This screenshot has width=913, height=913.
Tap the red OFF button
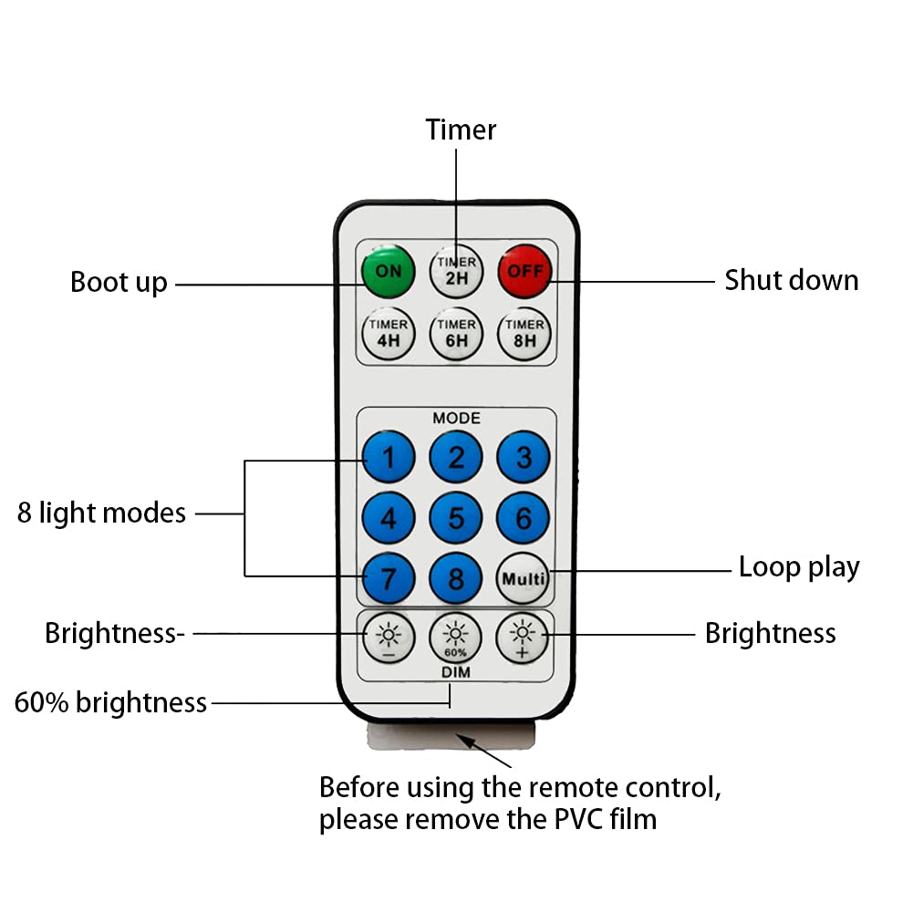(524, 270)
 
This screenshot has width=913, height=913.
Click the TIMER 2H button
(456, 270)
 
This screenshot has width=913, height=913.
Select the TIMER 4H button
(389, 335)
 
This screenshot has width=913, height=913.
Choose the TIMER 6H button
(456, 335)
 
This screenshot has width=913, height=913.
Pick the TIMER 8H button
(524, 335)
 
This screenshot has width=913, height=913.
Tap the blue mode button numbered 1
(389, 457)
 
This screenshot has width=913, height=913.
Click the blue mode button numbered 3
(524, 457)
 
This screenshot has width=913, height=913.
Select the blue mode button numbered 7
(389, 578)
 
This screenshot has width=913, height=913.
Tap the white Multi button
(524, 578)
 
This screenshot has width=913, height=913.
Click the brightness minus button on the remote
(389, 637)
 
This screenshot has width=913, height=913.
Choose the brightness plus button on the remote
(523, 637)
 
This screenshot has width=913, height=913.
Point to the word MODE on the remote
(456, 418)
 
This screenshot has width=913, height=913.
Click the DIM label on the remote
(456, 672)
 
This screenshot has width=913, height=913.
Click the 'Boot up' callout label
(119, 283)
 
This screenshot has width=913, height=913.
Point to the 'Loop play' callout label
(799, 567)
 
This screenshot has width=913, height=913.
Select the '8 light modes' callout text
(101, 514)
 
